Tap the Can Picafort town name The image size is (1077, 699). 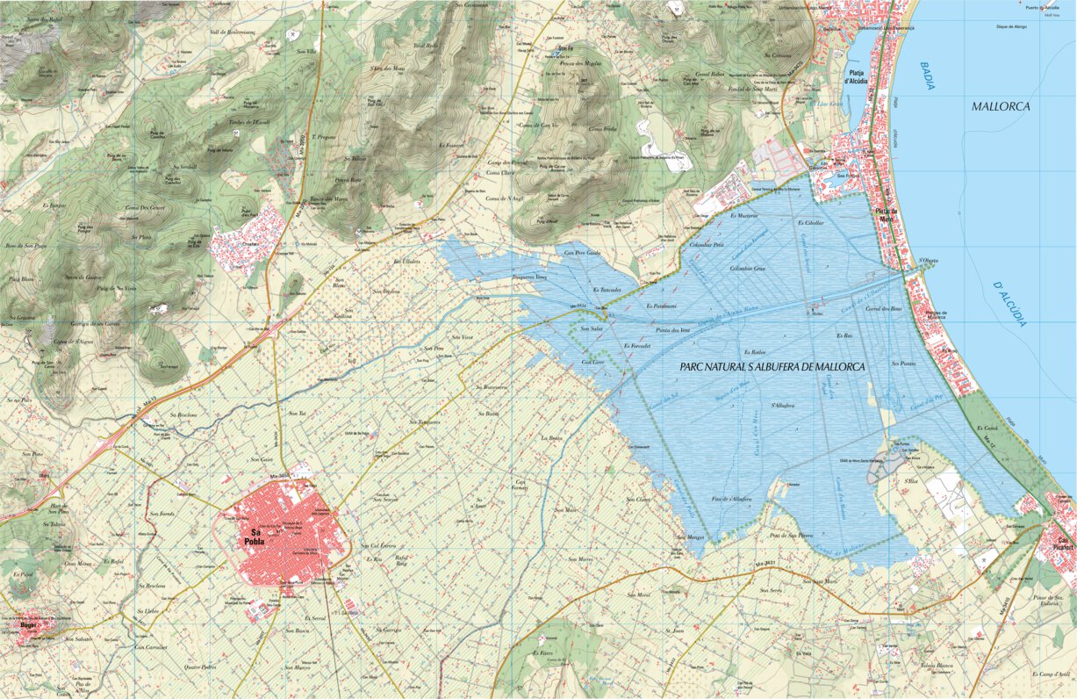pos(1066,544)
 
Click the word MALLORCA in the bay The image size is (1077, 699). pos(1001,106)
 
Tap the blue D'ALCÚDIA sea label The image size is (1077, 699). pos(1009,304)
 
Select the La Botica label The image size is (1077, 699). pos(551,437)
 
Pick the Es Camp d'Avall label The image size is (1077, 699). pos(1051,674)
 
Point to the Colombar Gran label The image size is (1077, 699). pos(748,267)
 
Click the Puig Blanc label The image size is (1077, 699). pos(21,279)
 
